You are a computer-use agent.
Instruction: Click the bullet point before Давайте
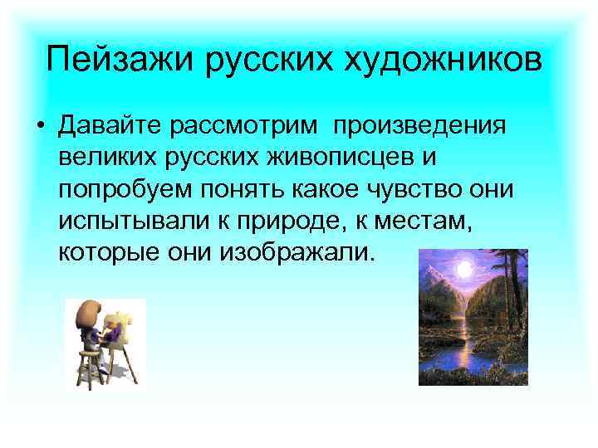click(x=39, y=126)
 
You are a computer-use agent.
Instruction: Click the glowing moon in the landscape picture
click(x=466, y=272)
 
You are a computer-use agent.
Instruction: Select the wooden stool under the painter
click(x=86, y=365)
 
